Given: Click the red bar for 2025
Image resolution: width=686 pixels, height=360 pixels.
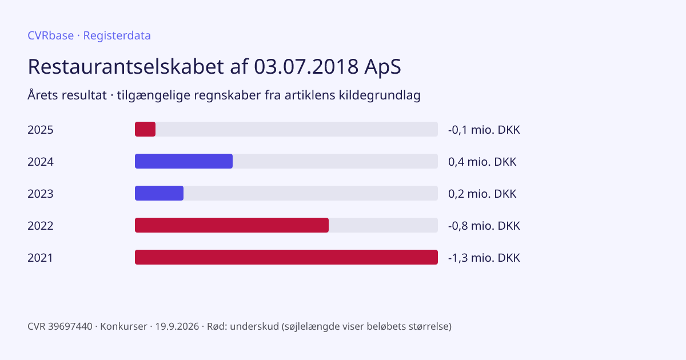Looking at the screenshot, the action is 145,129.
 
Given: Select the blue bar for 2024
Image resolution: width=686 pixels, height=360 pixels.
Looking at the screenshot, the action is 184,161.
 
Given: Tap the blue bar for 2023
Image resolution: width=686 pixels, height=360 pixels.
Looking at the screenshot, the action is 159,193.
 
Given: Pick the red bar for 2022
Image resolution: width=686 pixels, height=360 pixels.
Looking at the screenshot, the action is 232,225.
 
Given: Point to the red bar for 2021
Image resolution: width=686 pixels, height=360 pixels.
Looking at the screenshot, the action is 286,257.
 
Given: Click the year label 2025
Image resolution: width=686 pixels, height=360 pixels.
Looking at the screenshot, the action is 41,130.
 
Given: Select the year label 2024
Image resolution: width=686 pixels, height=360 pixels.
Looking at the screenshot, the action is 41,162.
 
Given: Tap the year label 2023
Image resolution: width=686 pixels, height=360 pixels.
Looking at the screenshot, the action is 41,194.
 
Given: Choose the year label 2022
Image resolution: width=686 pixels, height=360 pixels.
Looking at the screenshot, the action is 41,226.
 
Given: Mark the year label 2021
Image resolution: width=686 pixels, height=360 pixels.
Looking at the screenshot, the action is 40,258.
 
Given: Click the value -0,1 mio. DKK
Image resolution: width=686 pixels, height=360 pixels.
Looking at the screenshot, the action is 484,130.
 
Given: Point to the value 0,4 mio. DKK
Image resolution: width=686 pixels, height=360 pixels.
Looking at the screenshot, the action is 482,162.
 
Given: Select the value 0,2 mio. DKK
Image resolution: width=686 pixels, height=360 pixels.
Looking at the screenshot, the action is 482,194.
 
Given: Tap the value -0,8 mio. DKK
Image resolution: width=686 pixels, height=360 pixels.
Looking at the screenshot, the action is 484,226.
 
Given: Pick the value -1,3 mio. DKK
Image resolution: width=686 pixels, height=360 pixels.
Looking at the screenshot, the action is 484,258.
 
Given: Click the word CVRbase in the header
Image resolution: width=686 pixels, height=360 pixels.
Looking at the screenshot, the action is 50,35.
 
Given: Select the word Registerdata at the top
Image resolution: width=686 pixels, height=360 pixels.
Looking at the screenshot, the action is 117,36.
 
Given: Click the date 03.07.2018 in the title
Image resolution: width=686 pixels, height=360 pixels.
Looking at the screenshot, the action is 306,66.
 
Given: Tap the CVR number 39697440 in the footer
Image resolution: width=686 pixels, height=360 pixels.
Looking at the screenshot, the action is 70,326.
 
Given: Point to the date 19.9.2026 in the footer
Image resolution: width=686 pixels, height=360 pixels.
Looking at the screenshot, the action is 177,326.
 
